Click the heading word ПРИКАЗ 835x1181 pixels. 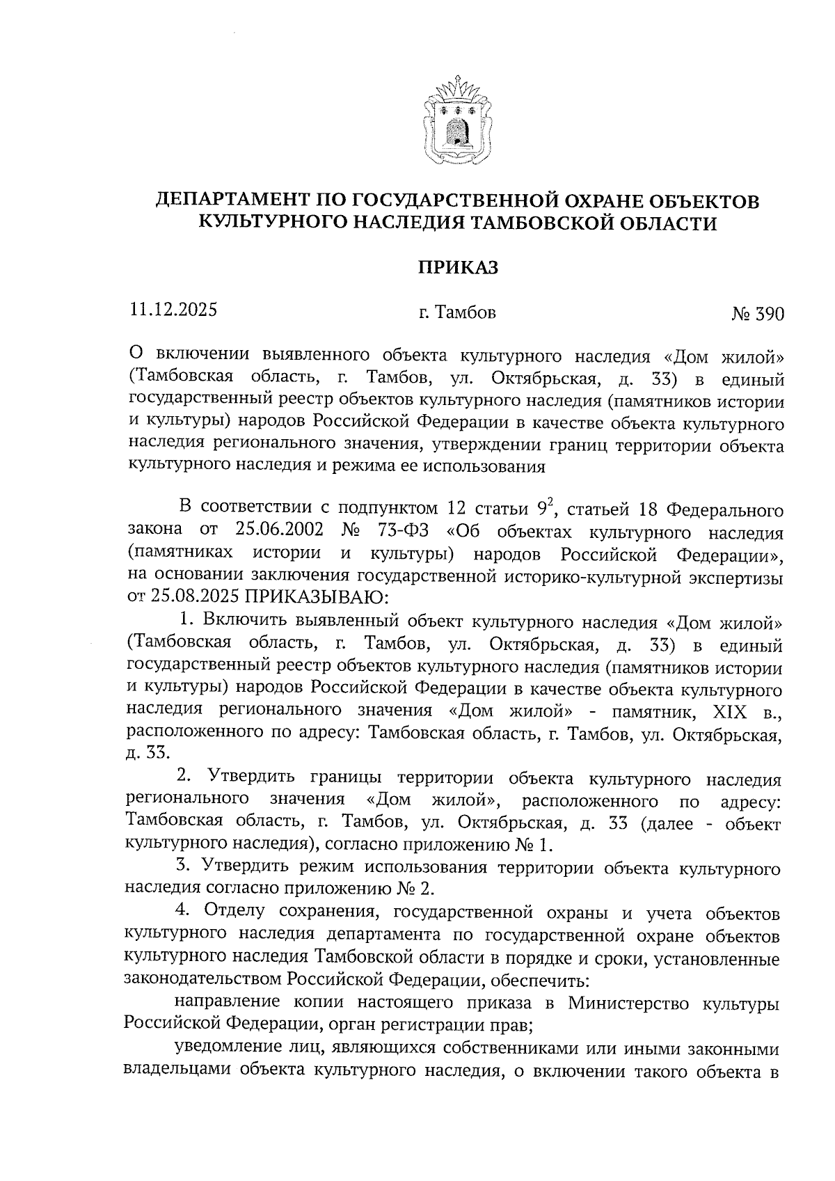458,267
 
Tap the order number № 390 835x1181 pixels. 757,314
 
